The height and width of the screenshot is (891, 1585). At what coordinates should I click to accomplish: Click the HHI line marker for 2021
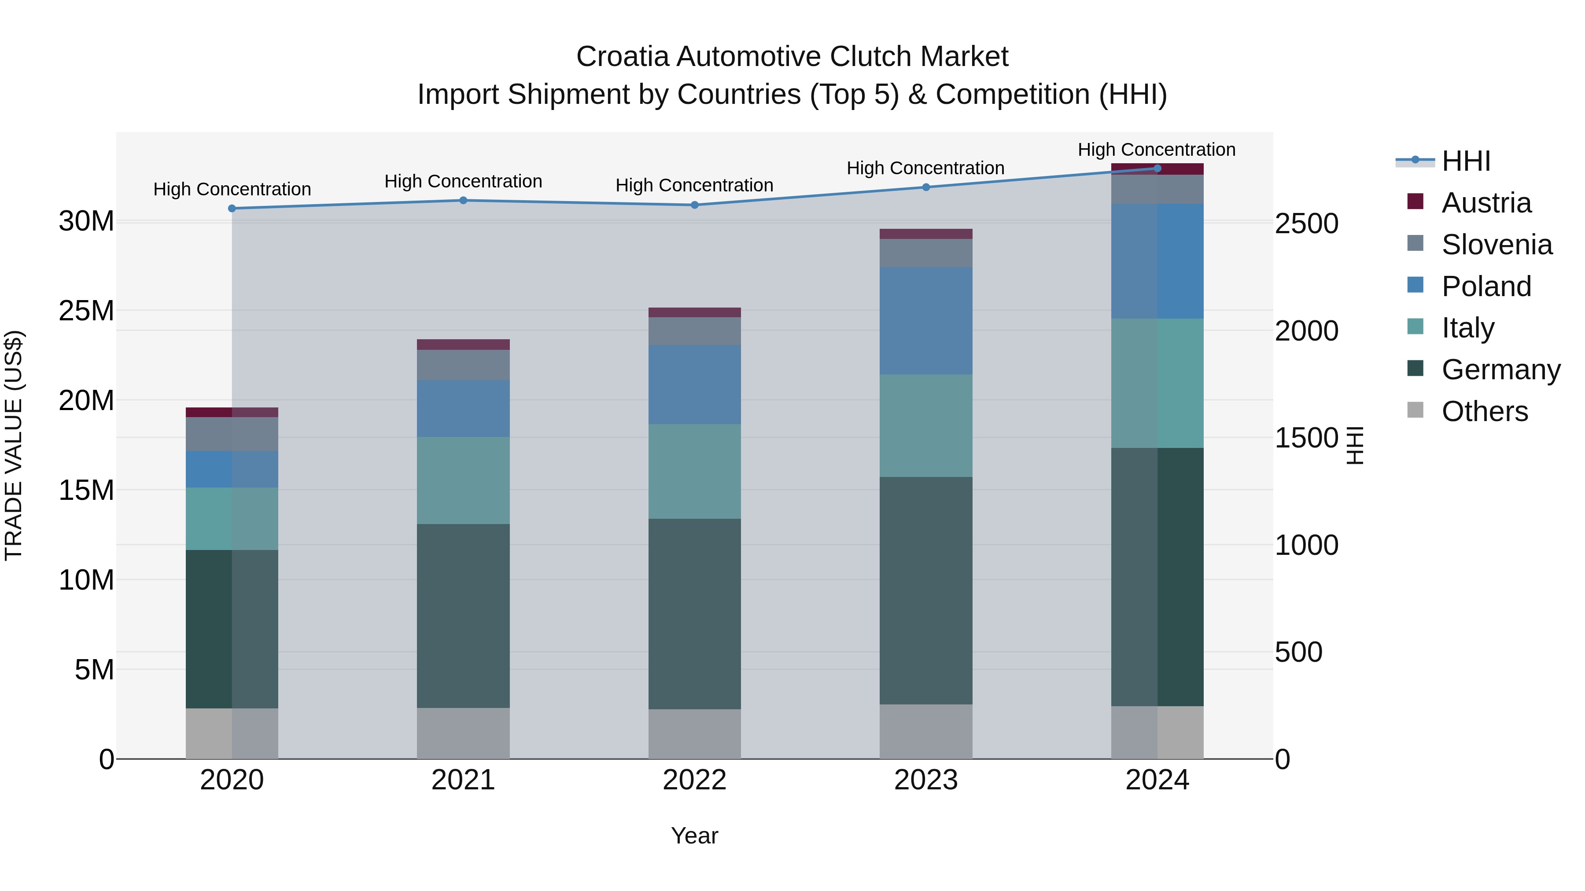click(x=463, y=201)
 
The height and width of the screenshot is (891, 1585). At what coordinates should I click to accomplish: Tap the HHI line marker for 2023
click(x=926, y=187)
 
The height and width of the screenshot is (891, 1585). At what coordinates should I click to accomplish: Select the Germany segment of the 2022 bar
click(x=695, y=614)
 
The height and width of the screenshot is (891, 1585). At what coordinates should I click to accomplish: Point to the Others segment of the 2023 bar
click(x=926, y=731)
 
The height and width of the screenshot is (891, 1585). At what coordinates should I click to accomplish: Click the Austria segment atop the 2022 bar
click(x=695, y=312)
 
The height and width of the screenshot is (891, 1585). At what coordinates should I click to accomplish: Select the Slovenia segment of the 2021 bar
click(x=463, y=365)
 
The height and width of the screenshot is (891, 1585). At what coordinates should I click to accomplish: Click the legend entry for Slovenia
click(x=1496, y=244)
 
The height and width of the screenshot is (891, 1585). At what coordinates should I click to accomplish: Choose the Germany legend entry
click(x=1500, y=369)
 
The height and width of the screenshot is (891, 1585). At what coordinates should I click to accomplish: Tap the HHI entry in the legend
click(x=1466, y=161)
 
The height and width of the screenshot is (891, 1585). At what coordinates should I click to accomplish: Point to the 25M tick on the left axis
click(x=86, y=311)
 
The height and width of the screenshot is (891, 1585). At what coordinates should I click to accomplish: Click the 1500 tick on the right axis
click(x=1306, y=438)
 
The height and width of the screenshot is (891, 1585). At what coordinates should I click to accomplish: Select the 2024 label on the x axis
click(x=1157, y=780)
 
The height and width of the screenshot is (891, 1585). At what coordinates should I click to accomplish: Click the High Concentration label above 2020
click(x=232, y=189)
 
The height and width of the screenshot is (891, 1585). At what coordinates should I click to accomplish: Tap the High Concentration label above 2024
click(x=1156, y=150)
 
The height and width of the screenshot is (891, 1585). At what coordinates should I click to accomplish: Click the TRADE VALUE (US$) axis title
click(x=14, y=445)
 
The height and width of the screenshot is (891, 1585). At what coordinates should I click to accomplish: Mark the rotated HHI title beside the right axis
click(x=1356, y=445)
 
